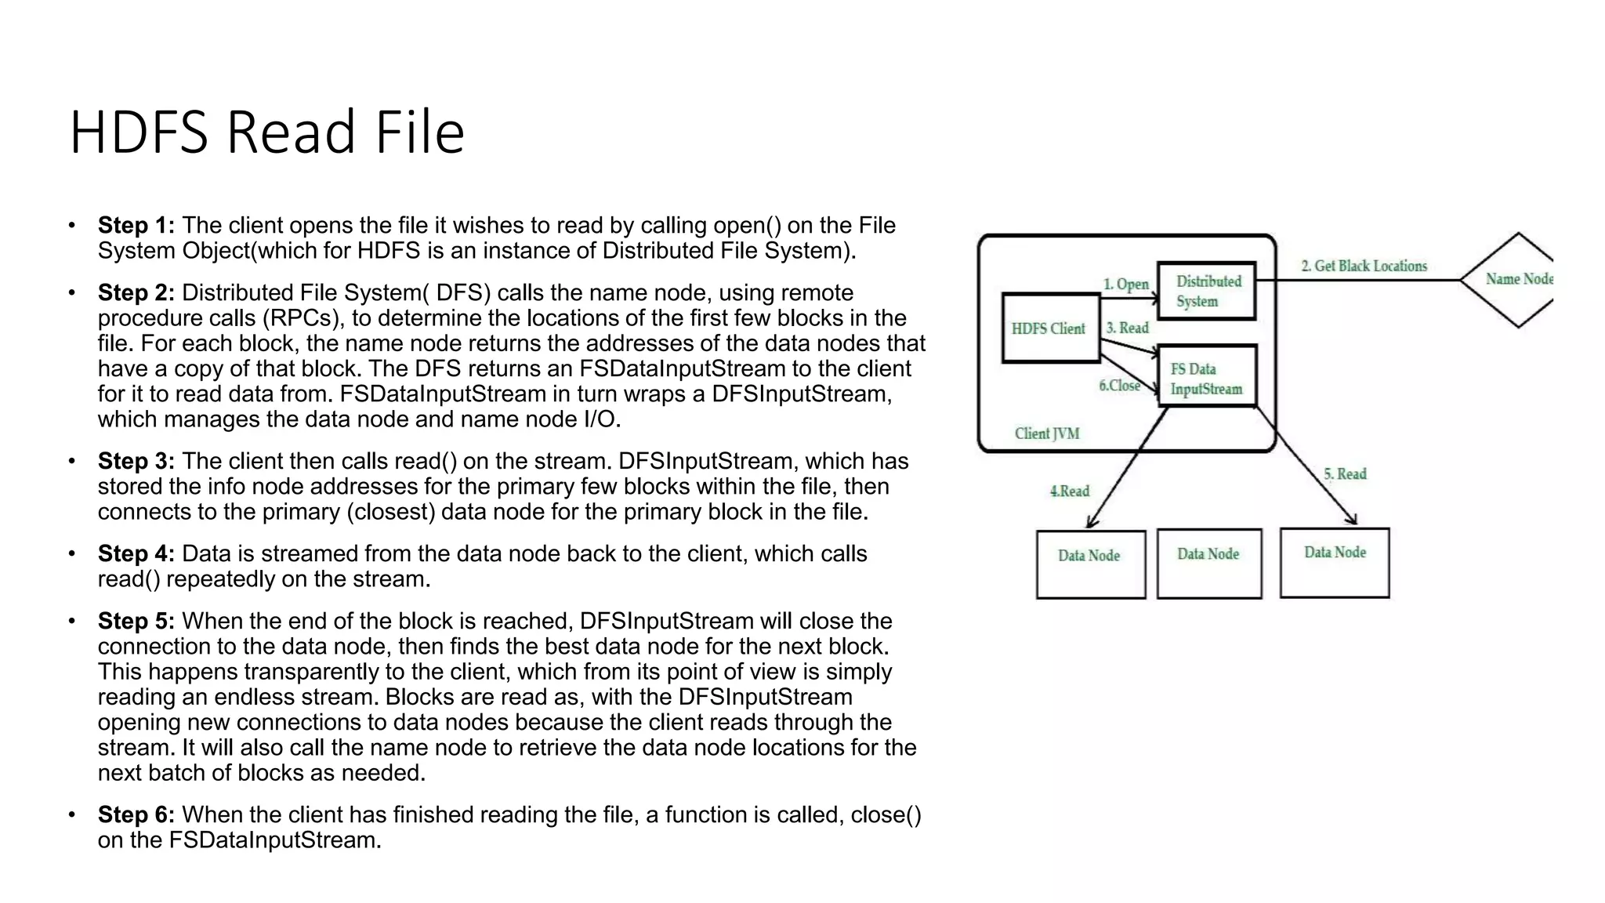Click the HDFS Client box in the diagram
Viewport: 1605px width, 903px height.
tap(1050, 328)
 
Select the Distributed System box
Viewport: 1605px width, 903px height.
tap(1207, 291)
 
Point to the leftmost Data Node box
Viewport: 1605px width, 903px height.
tap(1090, 564)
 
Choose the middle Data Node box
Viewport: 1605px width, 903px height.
tap(1208, 564)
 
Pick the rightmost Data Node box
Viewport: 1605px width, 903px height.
tap(1335, 562)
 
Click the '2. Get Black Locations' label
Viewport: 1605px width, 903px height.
tap(1364, 267)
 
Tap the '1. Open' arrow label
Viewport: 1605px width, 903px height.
tap(1126, 284)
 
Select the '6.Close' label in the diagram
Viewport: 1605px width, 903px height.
tap(1119, 386)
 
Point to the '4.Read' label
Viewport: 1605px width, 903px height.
tap(1070, 491)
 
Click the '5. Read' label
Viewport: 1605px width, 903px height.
tap(1345, 474)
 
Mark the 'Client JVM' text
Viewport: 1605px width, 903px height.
tap(1047, 433)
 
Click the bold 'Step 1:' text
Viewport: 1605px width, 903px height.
tap(136, 226)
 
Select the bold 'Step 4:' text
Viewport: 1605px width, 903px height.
tap(136, 554)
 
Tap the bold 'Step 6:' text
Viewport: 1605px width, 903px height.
tap(136, 815)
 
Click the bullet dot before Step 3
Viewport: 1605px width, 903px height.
tap(72, 461)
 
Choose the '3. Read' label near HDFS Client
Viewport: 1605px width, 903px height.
tap(1127, 328)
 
